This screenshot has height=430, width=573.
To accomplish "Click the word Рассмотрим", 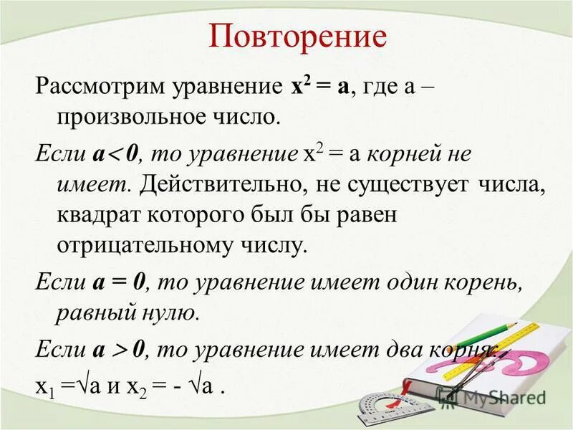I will click(x=100, y=89).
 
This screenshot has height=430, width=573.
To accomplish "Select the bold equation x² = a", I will click(x=319, y=87).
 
